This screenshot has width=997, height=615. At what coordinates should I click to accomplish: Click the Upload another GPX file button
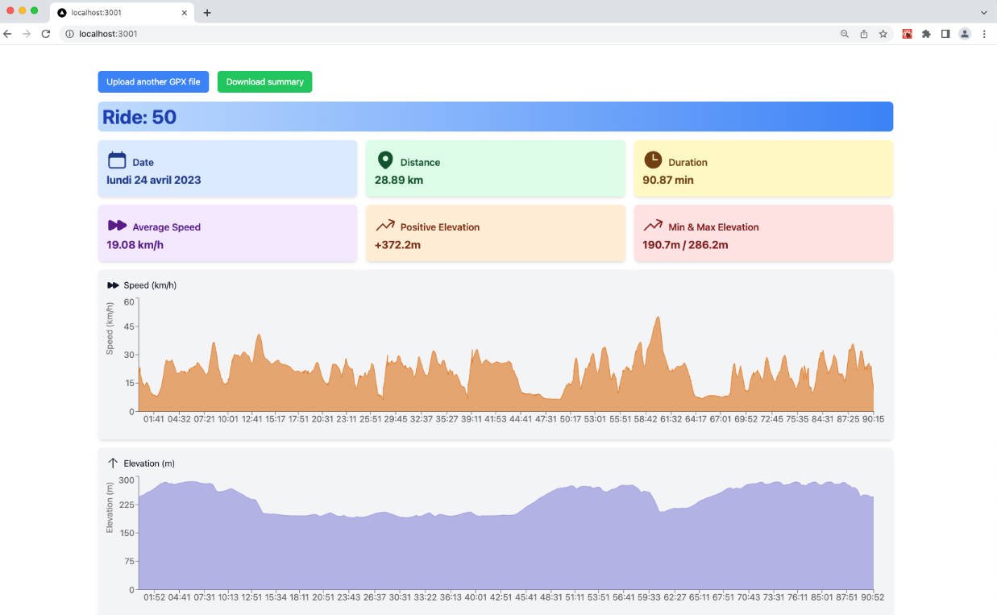coord(153,81)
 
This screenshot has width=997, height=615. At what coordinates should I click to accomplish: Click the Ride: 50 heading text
coord(139,117)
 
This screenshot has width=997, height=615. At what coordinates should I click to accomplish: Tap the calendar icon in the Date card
coord(117,160)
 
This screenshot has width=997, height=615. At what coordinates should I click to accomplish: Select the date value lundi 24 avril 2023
coord(154,180)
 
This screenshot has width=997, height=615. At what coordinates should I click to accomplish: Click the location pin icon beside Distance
coord(385,160)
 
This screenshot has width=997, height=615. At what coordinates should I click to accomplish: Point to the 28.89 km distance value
coord(399,180)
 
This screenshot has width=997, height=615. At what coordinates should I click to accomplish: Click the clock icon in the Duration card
coord(652,160)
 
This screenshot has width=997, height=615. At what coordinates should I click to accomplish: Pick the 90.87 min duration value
coord(667,180)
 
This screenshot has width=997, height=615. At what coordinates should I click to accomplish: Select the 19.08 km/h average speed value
coord(135,244)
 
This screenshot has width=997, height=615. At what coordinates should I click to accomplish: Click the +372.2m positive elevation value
coord(397,244)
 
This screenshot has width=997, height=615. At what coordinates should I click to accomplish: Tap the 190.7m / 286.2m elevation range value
coord(685,244)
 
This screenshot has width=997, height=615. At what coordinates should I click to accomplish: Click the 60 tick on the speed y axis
coord(130,302)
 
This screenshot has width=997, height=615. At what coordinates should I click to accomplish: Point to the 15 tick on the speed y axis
coord(130,383)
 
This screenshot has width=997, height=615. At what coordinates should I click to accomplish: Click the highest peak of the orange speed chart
coord(658,318)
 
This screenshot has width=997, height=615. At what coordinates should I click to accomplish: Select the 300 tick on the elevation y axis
coord(127,480)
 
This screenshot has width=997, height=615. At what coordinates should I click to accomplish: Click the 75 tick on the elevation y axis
coord(129,562)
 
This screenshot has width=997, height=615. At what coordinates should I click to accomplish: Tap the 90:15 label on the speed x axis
coord(873,419)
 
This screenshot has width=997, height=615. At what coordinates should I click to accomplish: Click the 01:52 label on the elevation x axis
coord(155,597)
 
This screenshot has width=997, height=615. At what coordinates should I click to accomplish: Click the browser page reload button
coord(46,34)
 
